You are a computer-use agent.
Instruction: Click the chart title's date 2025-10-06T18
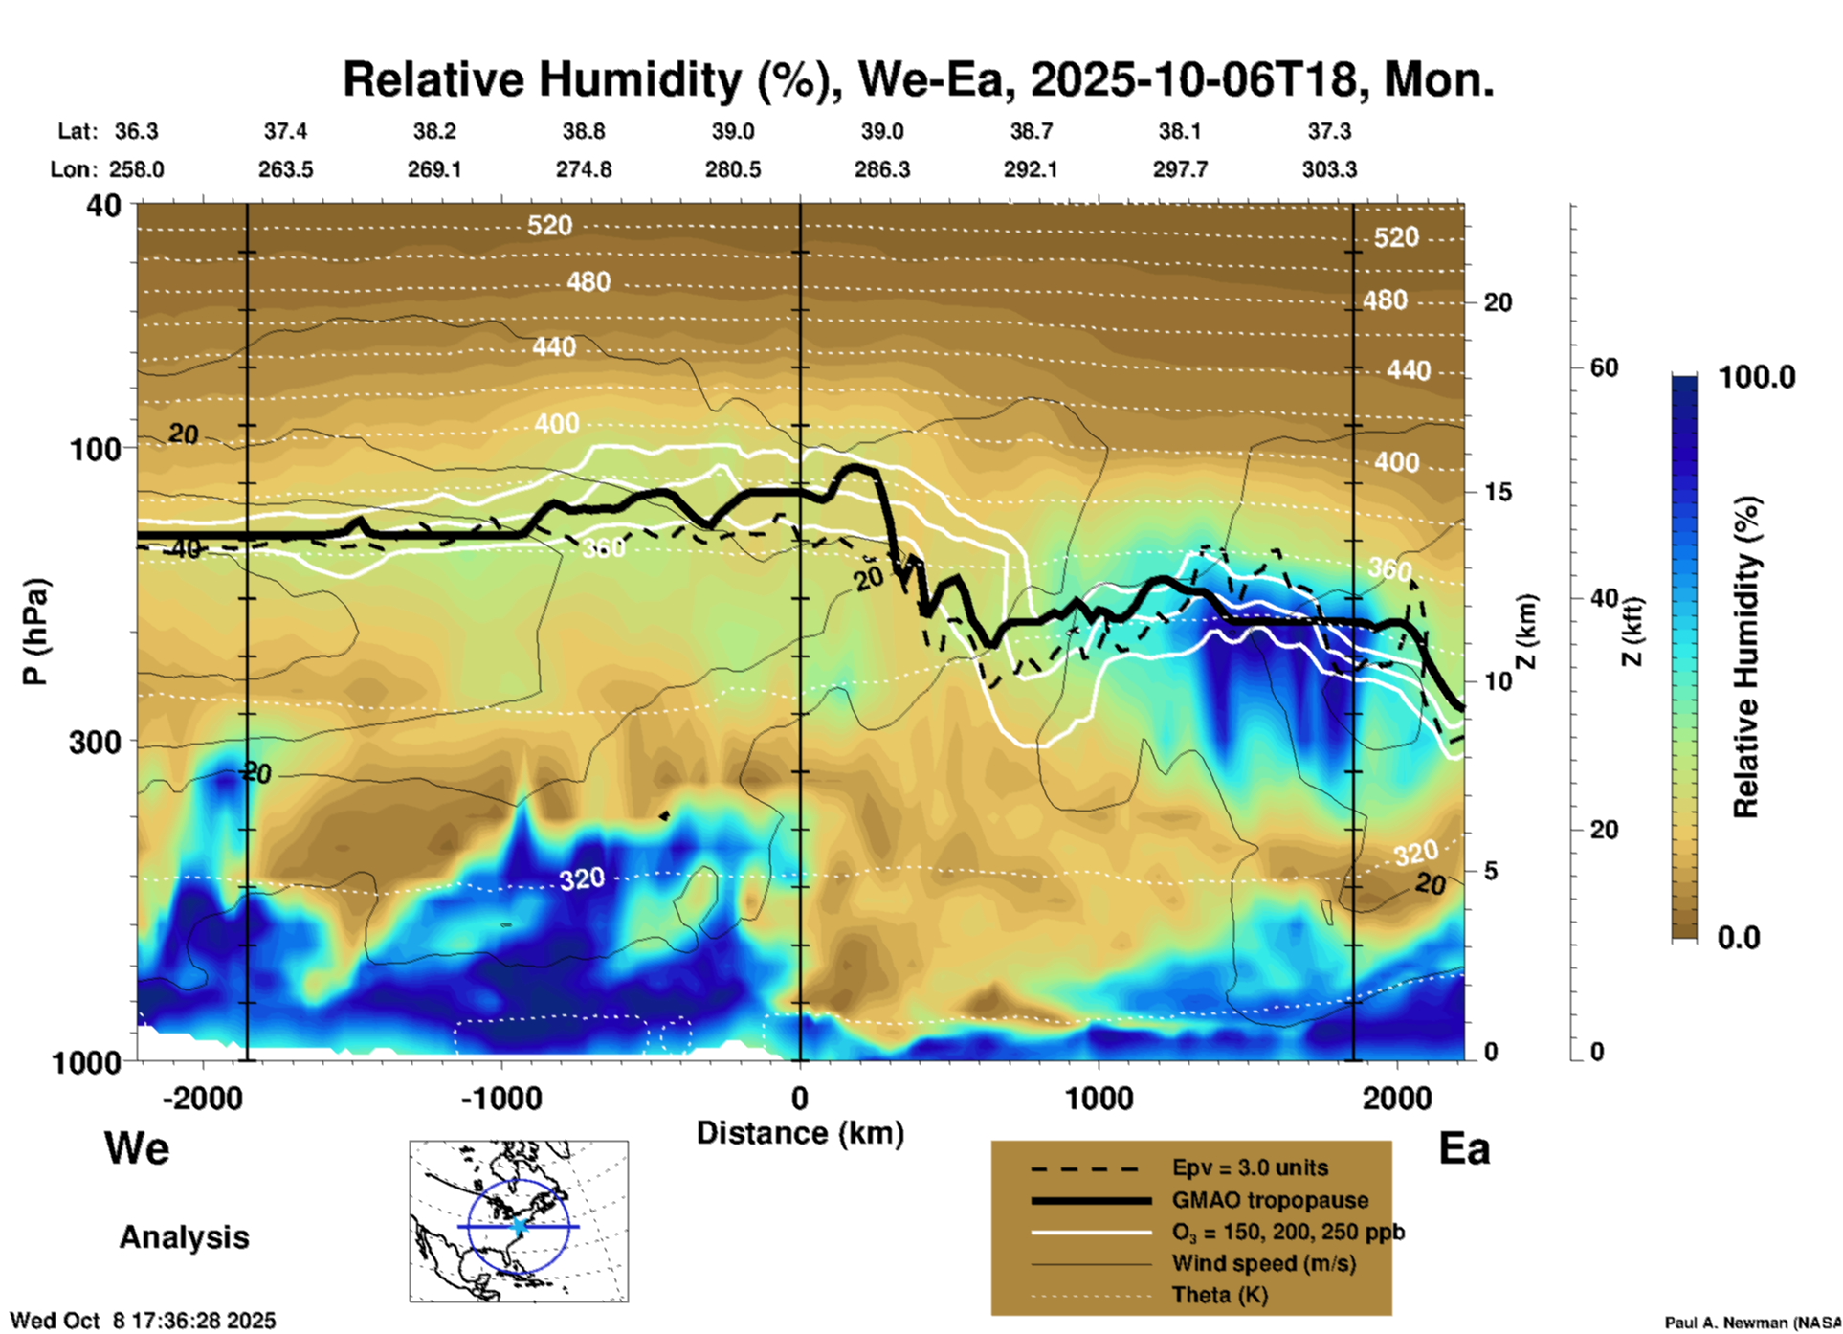pos(1192,79)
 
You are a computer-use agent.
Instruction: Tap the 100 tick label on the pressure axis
pos(96,449)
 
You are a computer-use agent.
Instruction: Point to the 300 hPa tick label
pos(96,742)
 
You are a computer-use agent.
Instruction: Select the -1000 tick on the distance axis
pos(501,1098)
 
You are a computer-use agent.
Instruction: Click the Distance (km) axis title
pos(800,1133)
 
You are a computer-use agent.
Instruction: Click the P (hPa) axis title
pos(34,632)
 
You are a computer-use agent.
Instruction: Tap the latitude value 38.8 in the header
pos(583,131)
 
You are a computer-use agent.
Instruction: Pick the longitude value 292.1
pos(1031,169)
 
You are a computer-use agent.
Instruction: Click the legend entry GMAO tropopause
pos(1270,1200)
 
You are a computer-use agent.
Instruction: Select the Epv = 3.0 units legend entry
pos(1250,1168)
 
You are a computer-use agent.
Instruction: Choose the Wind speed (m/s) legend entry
pos(1263,1263)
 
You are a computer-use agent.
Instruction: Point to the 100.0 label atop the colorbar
pos(1757,377)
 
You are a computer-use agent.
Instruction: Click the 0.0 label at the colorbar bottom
pos(1739,938)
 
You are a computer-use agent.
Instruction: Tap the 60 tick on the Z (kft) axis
pos(1604,367)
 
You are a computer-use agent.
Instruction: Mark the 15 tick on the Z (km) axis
pos(1498,492)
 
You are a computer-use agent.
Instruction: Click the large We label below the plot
pos(137,1148)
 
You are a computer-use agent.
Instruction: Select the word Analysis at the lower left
pos(184,1237)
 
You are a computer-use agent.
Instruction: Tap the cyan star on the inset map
pos(519,1226)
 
